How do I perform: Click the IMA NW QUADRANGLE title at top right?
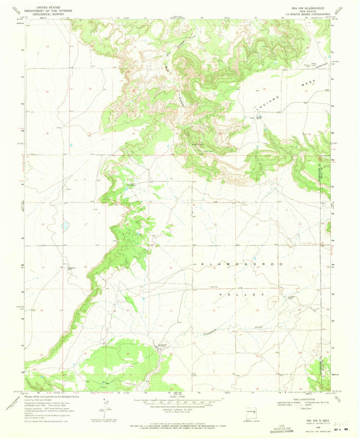pyautogui.click(x=306, y=4)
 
